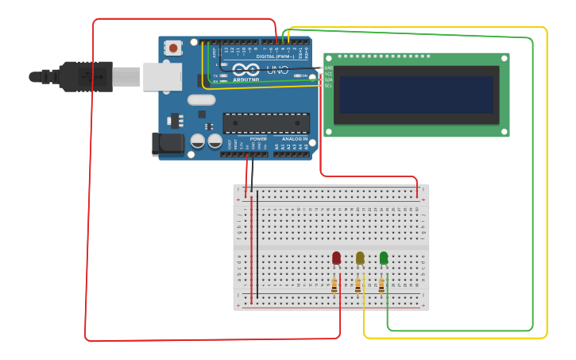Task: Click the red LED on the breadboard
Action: [x=336, y=257]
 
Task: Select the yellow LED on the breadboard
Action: [x=360, y=257]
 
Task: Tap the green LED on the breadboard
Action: [x=384, y=257]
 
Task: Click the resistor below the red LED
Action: [x=334, y=285]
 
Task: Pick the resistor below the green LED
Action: [x=381, y=285]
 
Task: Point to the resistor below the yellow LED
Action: [x=358, y=285]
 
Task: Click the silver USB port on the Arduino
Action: [x=162, y=77]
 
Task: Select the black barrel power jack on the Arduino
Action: [x=168, y=144]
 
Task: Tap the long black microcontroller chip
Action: [x=265, y=123]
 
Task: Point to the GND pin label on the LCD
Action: [x=328, y=68]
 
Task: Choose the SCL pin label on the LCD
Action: [x=328, y=86]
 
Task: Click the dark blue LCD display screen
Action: [x=416, y=95]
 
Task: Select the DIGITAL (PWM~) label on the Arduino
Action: [x=275, y=56]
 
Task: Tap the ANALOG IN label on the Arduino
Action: [x=294, y=139]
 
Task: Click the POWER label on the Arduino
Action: [x=258, y=139]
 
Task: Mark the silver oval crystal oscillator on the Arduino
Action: [x=202, y=99]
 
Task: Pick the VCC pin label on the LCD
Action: [x=328, y=74]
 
